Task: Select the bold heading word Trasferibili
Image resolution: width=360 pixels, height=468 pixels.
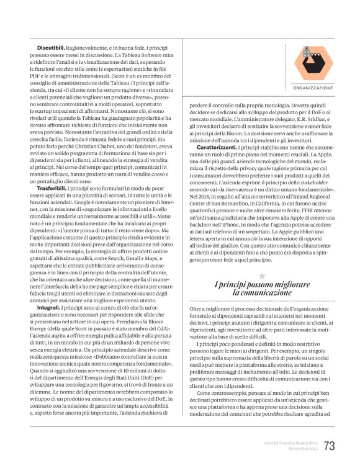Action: point(53,187)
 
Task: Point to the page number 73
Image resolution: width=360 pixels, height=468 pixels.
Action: point(329,446)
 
